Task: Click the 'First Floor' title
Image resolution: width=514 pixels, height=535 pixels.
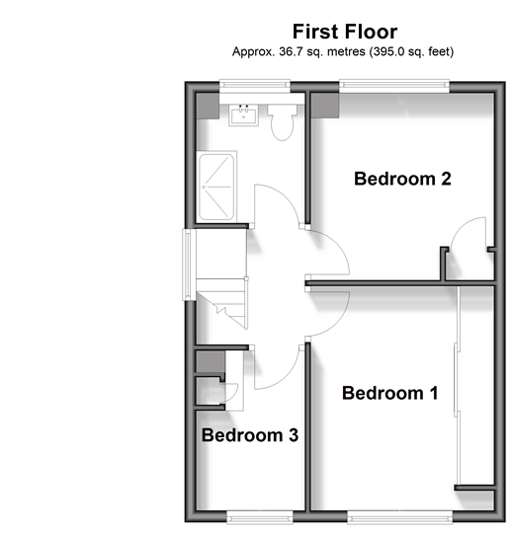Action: (x=345, y=32)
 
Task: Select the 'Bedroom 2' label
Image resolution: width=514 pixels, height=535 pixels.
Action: (x=402, y=179)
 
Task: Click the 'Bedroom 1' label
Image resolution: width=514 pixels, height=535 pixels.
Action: (x=389, y=393)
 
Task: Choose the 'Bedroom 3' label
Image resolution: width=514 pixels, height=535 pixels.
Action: (x=250, y=435)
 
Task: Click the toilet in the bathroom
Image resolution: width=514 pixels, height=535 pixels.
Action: (x=282, y=122)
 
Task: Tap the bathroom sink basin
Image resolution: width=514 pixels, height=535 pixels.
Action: (x=244, y=115)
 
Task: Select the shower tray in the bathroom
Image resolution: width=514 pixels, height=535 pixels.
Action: (x=216, y=187)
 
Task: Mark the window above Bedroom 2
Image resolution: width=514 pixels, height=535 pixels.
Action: (x=394, y=86)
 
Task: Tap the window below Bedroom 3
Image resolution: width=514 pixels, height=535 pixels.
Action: (x=260, y=517)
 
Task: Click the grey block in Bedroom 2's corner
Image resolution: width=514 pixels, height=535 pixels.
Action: (x=325, y=106)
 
